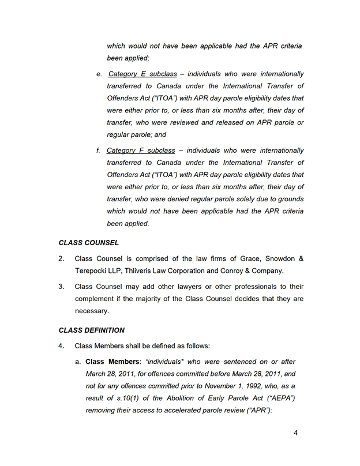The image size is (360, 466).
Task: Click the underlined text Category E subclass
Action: [142, 74]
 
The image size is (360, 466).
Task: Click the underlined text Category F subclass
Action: [141, 151]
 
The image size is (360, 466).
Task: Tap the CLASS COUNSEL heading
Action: [89, 243]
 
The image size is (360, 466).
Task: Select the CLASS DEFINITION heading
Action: [92, 330]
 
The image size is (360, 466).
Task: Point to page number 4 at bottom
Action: [295, 433]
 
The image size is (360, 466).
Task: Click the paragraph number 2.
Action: [61, 258]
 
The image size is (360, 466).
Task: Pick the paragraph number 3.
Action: [61, 287]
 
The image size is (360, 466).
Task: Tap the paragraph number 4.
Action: [61, 346]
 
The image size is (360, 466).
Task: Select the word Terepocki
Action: [92, 270]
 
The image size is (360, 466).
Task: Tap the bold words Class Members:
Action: [113, 362]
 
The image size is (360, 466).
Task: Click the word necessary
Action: [92, 311]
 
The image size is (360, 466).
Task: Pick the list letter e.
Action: [99, 74]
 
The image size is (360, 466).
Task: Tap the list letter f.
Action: [98, 151]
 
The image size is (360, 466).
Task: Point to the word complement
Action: [96, 299]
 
